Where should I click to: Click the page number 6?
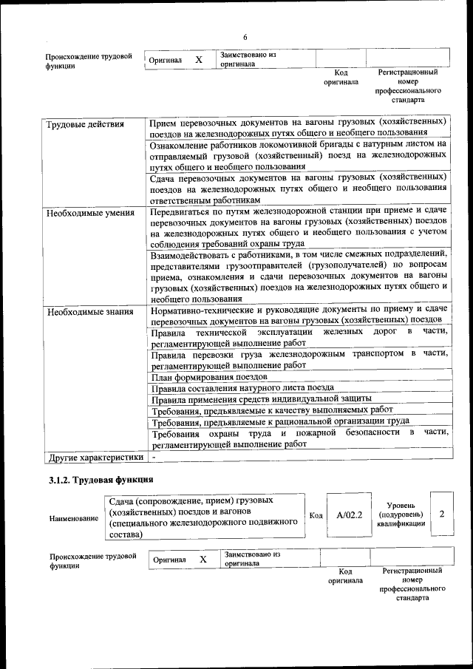point(245,38)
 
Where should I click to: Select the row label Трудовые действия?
point(85,123)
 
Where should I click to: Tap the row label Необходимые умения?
point(90,213)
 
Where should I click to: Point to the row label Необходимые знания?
point(90,312)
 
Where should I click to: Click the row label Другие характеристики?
point(95,458)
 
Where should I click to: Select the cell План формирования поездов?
point(205,376)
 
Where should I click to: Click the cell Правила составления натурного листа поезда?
point(242,387)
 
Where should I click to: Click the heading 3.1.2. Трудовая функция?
point(89,482)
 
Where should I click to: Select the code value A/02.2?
point(349,515)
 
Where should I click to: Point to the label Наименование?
point(74,518)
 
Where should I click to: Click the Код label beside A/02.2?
point(316,515)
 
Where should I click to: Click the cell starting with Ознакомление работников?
point(298,155)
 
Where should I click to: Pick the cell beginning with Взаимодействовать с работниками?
point(298,276)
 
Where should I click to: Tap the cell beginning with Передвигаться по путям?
point(298,227)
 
